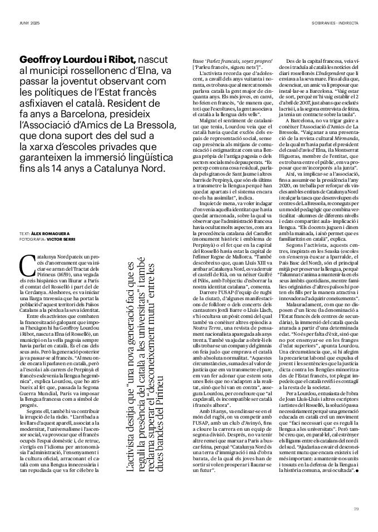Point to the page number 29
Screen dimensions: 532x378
click(356, 508)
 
